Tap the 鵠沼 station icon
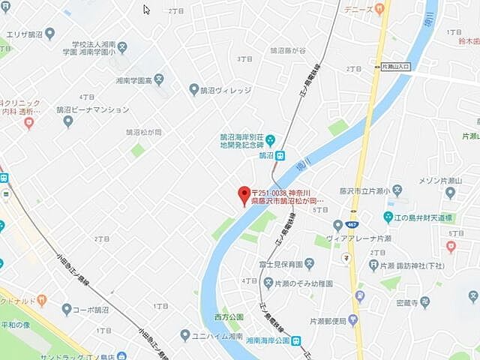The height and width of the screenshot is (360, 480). [x=280, y=156]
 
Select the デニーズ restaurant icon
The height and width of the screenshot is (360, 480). [x=379, y=9]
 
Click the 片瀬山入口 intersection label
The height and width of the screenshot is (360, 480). [x=396, y=67]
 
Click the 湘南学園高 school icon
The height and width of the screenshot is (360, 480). [x=159, y=79]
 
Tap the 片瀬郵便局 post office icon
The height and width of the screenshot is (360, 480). [x=352, y=321]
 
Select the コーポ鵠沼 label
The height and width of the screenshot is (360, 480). [x=96, y=309]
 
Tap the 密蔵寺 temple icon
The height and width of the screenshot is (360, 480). [x=425, y=303]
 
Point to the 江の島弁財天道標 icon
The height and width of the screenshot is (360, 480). [x=388, y=217]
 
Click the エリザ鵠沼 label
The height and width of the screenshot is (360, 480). [x=25, y=34]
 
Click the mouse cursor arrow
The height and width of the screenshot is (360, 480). [x=146, y=10]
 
